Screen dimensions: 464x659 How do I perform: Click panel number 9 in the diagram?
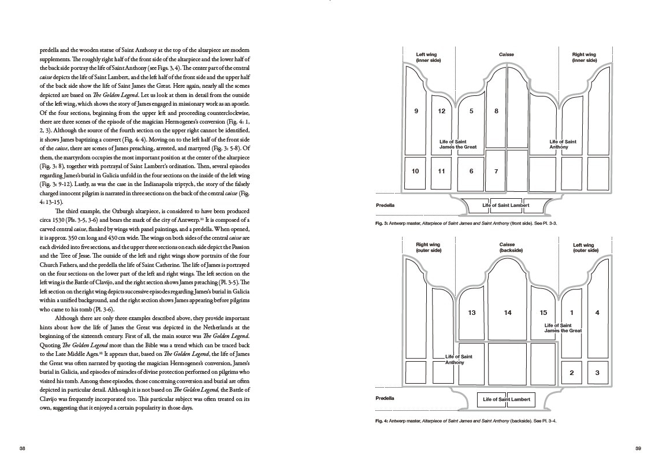click(x=416, y=111)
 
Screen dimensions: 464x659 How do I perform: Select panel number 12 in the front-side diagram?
click(x=442, y=111)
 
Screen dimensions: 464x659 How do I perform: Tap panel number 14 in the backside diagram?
click(x=508, y=313)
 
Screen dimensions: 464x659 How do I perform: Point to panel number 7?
click(x=496, y=171)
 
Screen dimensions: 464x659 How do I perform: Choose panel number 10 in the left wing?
click(x=415, y=171)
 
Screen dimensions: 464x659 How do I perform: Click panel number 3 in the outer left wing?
click(x=597, y=373)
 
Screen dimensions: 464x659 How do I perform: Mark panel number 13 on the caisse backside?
click(x=472, y=313)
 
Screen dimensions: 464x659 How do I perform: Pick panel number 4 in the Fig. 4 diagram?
click(x=597, y=313)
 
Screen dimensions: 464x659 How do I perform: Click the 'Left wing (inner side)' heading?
click(x=428, y=58)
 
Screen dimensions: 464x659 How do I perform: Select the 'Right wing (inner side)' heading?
click(x=584, y=58)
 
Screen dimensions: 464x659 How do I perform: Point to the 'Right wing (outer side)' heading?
click(x=428, y=248)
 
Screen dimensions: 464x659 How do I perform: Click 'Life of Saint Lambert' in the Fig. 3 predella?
click(x=506, y=206)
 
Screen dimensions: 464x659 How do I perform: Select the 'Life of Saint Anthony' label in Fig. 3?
click(x=563, y=144)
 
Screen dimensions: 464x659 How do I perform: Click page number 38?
click(x=22, y=448)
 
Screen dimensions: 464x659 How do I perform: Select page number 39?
click(x=638, y=448)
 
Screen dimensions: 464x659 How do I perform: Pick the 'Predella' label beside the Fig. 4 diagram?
click(x=385, y=398)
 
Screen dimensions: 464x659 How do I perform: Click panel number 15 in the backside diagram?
click(x=543, y=313)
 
